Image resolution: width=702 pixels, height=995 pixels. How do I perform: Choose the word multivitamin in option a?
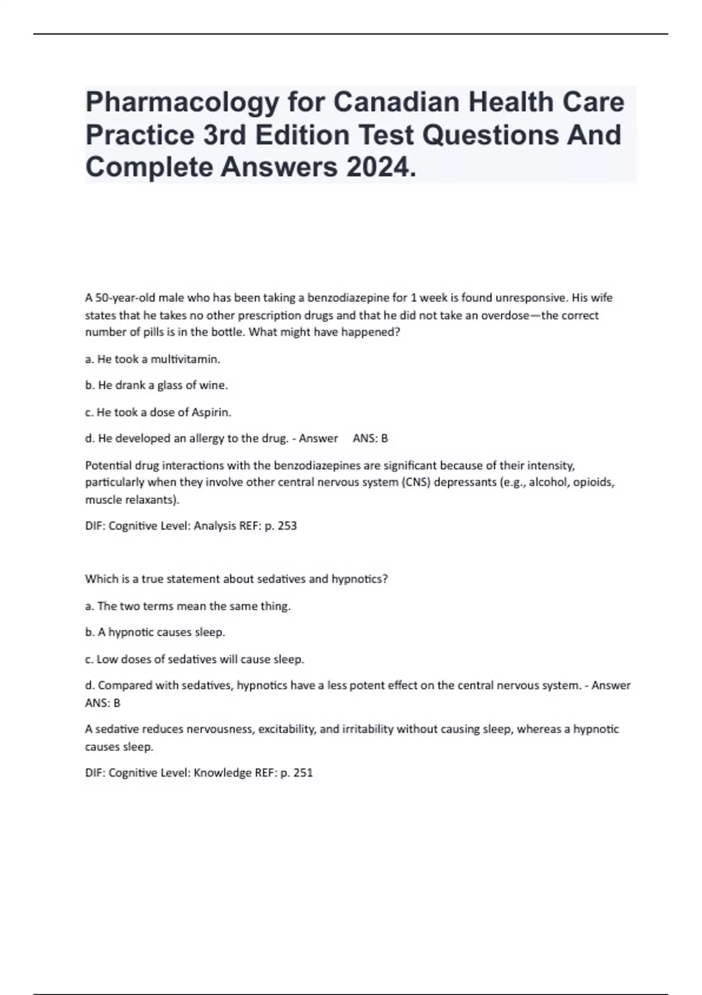click(185, 359)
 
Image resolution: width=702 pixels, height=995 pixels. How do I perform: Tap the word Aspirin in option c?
click(211, 413)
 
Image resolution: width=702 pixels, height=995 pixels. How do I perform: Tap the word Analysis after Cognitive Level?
click(215, 526)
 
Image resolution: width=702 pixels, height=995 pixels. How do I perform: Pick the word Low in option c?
click(107, 660)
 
